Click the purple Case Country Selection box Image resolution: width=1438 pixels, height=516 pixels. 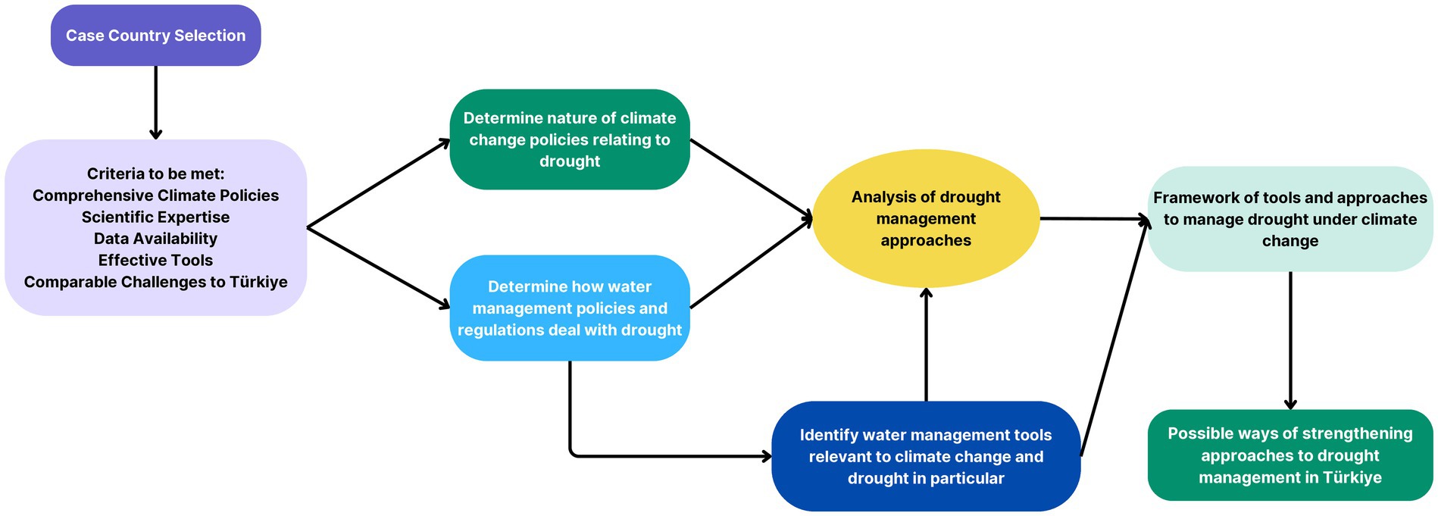pyautogui.click(x=155, y=36)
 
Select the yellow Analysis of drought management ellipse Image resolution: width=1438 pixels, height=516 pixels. pyautogui.click(x=926, y=218)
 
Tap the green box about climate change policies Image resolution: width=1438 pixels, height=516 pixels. pyautogui.click(x=570, y=139)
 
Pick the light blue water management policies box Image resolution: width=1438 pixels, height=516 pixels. pyautogui.click(x=570, y=308)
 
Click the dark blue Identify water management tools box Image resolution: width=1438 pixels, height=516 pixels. pyautogui.click(x=926, y=456)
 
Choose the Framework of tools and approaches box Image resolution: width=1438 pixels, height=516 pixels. pyautogui.click(x=1290, y=219)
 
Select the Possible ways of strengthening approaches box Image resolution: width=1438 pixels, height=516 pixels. pyautogui.click(x=1290, y=455)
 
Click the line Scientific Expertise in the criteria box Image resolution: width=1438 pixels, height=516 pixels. pyautogui.click(x=155, y=217)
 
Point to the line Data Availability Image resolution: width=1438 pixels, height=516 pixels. pyautogui.click(x=155, y=239)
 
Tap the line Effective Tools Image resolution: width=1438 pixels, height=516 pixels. pyautogui.click(x=155, y=261)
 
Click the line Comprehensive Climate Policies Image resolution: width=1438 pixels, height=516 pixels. pyautogui.click(x=155, y=195)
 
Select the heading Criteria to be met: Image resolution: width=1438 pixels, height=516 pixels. pyautogui.click(x=155, y=174)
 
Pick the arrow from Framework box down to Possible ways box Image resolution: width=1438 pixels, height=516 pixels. pyautogui.click(x=1290, y=341)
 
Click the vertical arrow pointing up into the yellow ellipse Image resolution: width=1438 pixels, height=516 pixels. pyautogui.click(x=926, y=345)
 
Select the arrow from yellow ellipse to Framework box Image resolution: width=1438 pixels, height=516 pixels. pyautogui.click(x=1095, y=219)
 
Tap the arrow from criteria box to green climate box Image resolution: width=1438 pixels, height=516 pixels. pyautogui.click(x=379, y=183)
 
